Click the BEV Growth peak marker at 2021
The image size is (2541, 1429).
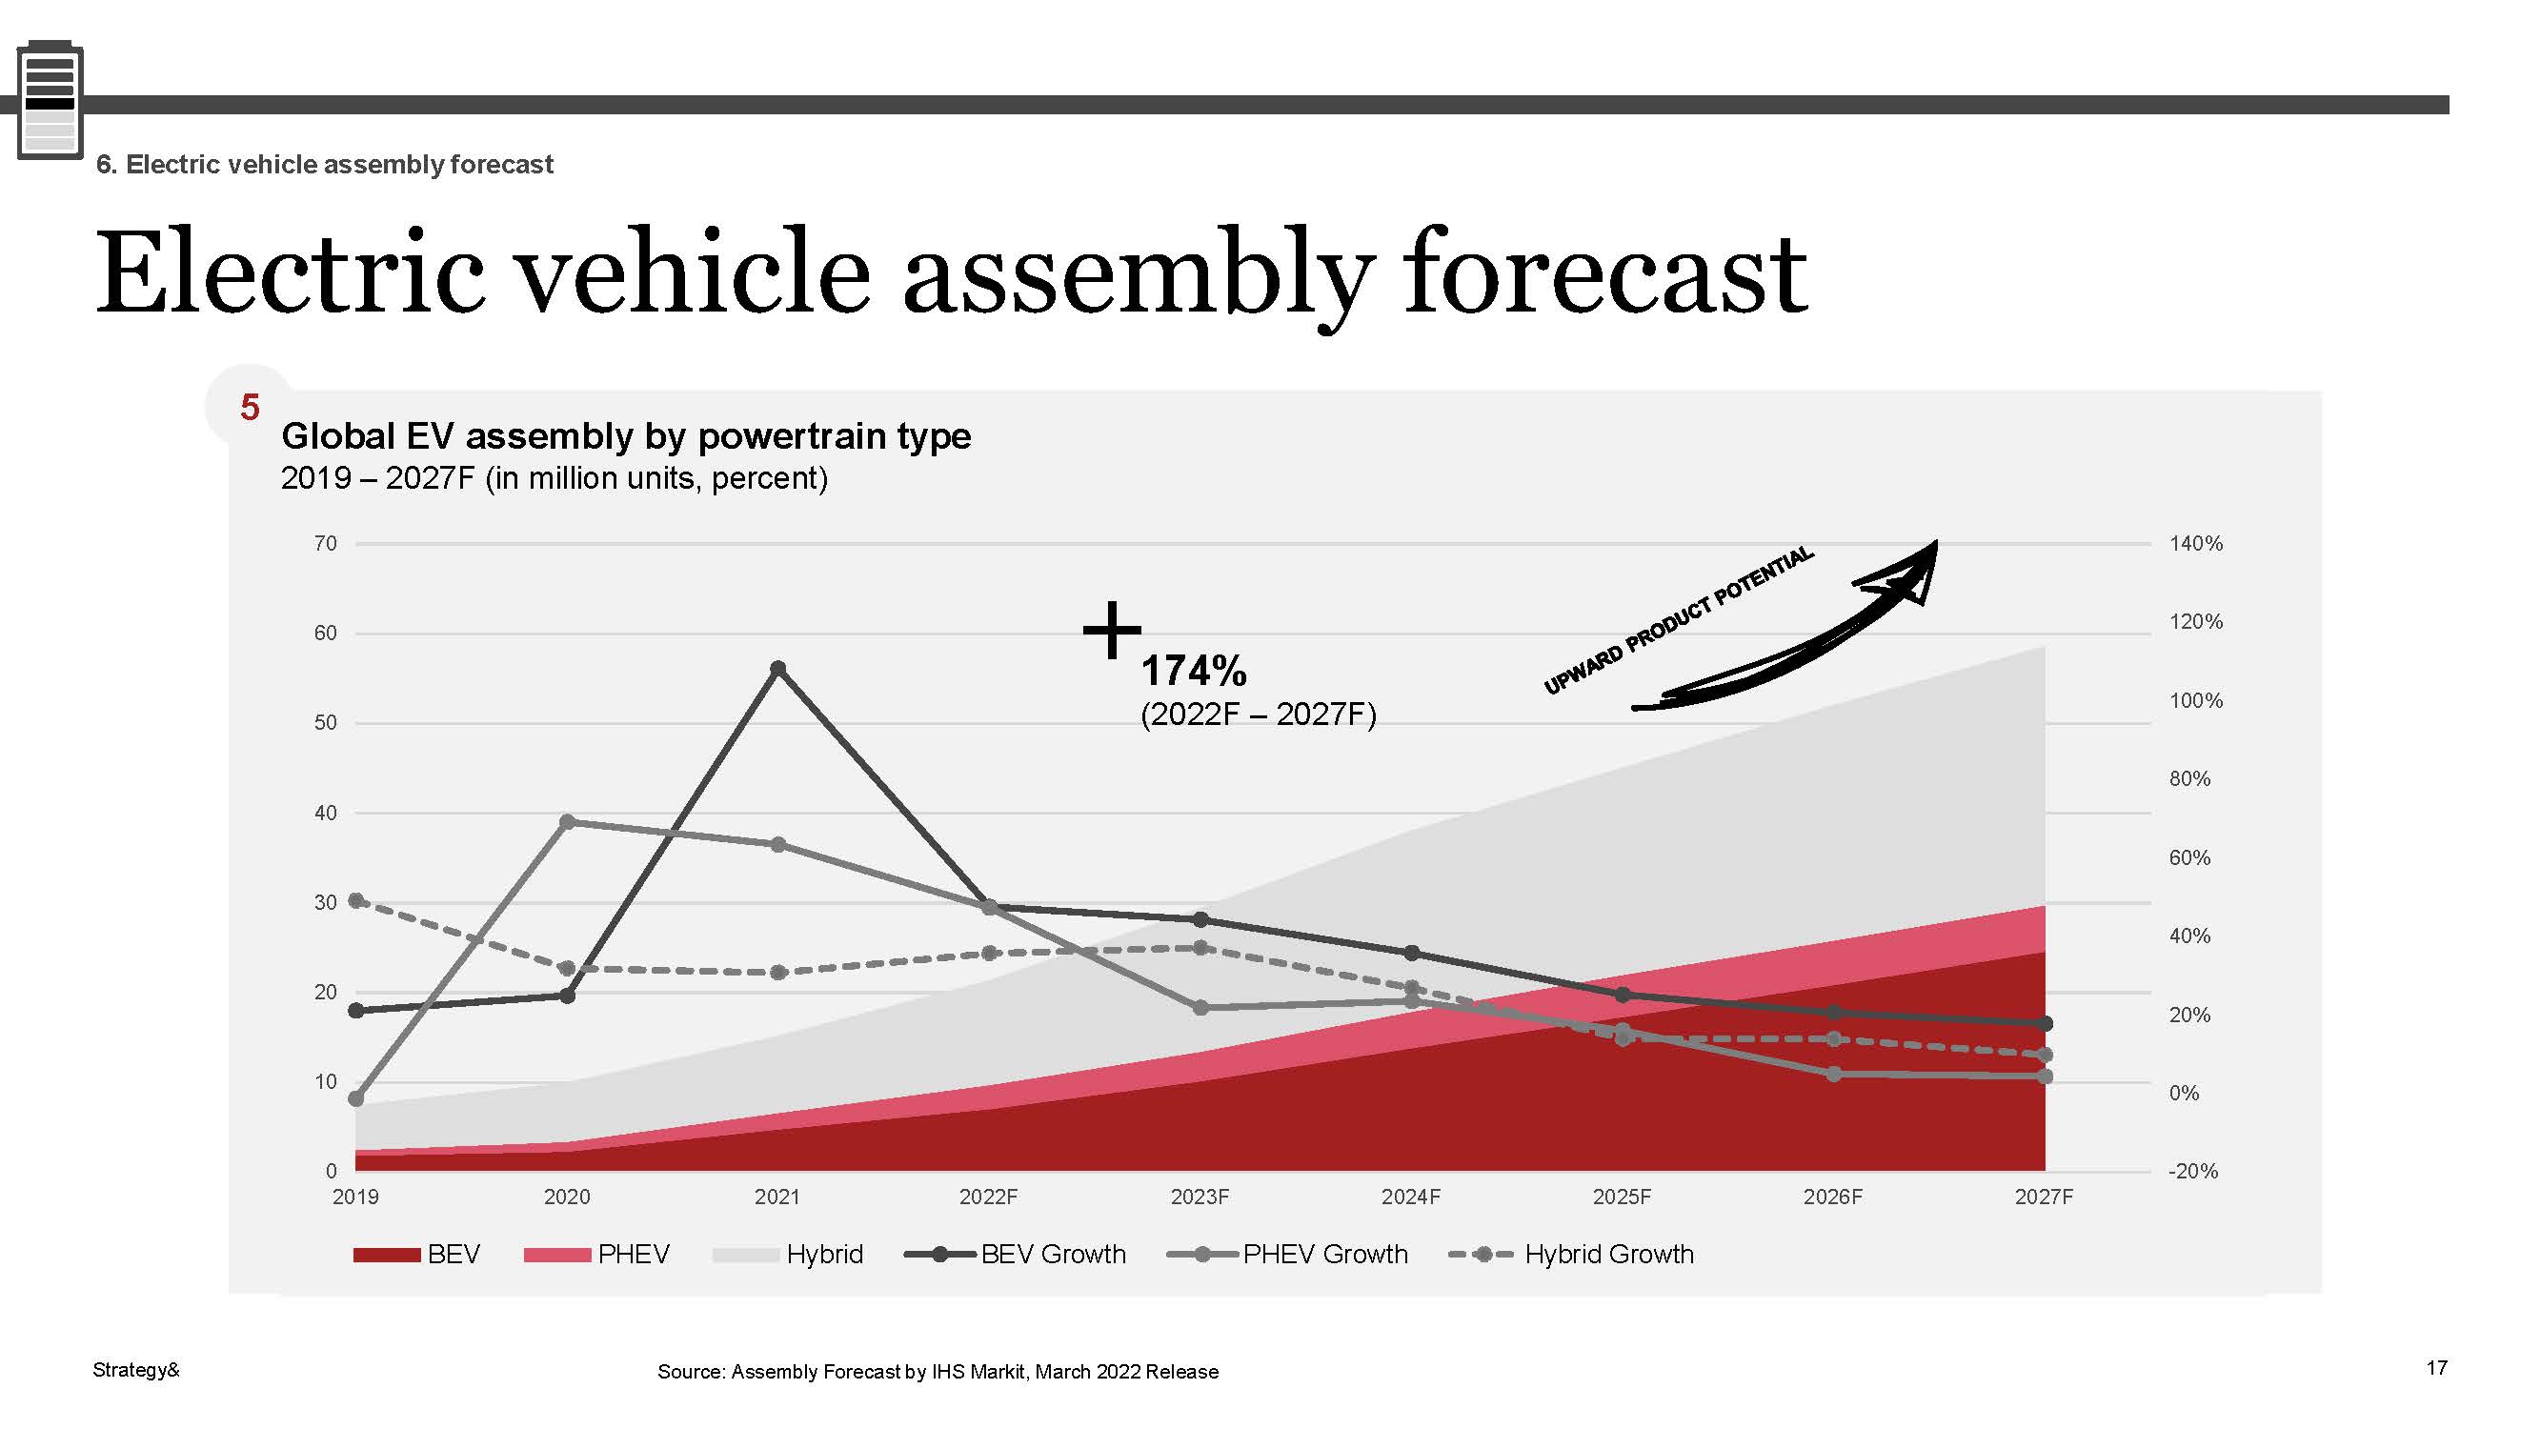pyautogui.click(x=777, y=669)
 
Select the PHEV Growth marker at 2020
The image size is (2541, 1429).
pyautogui.click(x=567, y=821)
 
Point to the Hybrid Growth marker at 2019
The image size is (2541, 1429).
pyautogui.click(x=356, y=900)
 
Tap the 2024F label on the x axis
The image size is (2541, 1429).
pyautogui.click(x=1411, y=1198)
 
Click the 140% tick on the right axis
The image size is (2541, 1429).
pyautogui.click(x=2196, y=543)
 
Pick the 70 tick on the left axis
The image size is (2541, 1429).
pyautogui.click(x=326, y=543)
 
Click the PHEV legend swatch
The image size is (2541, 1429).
pyautogui.click(x=557, y=1255)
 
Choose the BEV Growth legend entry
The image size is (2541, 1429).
pyautogui.click(x=1016, y=1255)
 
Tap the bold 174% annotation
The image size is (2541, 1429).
pyautogui.click(x=1194, y=672)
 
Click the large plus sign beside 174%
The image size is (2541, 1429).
pyautogui.click(x=1112, y=630)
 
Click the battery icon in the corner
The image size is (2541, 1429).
pyautogui.click(x=50, y=101)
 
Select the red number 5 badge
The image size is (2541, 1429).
pyautogui.click(x=250, y=408)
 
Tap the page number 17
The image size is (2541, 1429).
pyautogui.click(x=2436, y=1368)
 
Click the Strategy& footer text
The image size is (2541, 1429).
pyautogui.click(x=136, y=1370)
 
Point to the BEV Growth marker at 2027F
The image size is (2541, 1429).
pyautogui.click(x=2045, y=1024)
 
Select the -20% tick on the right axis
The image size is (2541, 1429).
pyautogui.click(x=2193, y=1172)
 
